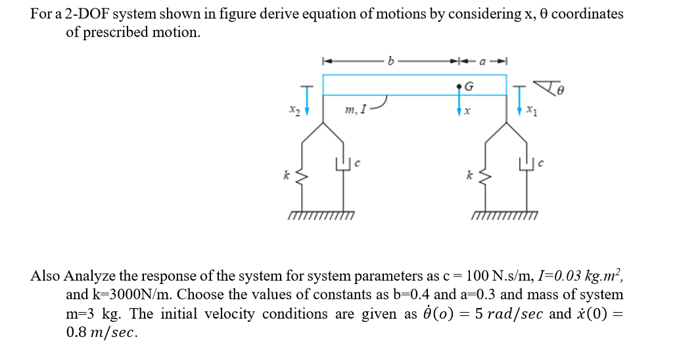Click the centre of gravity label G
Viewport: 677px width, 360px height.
469,86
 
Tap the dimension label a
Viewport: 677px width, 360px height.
482,62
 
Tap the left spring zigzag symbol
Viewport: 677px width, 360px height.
303,176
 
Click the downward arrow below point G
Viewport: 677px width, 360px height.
459,105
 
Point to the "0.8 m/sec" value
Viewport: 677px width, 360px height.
102,332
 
